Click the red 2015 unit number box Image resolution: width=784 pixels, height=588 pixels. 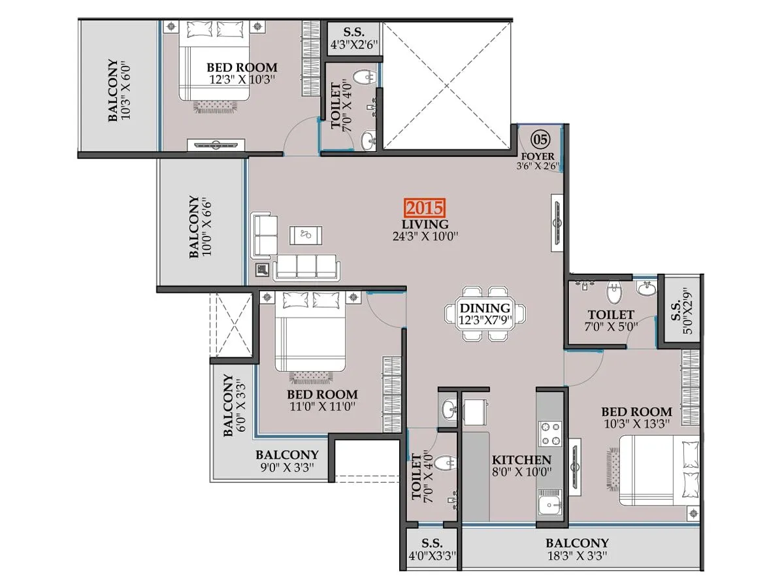click(x=425, y=208)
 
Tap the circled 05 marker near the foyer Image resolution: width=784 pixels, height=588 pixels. click(x=540, y=139)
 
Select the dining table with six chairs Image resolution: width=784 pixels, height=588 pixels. click(x=484, y=314)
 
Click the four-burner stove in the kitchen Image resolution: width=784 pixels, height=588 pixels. click(x=549, y=433)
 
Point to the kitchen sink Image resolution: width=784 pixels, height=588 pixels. click(x=550, y=505)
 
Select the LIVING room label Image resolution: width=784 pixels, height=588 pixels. click(x=425, y=224)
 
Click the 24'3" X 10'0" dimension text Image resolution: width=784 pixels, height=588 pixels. click(x=425, y=237)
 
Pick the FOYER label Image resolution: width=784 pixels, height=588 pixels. click(x=538, y=157)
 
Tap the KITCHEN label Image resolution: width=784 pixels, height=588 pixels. click(x=521, y=459)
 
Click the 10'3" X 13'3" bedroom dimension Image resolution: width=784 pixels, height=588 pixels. click(x=636, y=425)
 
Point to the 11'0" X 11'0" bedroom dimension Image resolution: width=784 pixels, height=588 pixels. click(x=322, y=408)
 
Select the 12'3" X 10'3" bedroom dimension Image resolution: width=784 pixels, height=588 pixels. click(x=242, y=80)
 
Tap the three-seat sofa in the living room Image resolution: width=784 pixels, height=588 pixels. click(x=307, y=266)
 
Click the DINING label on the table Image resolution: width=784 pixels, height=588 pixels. click(x=484, y=308)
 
